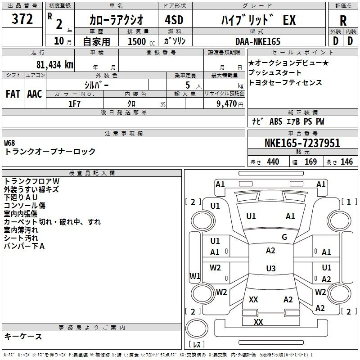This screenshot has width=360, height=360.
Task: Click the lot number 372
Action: pos(22,19)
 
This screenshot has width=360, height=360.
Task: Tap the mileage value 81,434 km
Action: pos(55,65)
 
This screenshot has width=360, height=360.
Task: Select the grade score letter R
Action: pos(343,21)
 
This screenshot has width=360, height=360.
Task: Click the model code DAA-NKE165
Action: pos(258,41)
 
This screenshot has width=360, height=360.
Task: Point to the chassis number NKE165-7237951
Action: pos(302,143)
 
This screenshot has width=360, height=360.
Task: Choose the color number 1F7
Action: pos(74,104)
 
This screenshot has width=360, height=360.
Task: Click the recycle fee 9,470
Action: pos(227,104)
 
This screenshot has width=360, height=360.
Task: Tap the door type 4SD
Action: pos(174,20)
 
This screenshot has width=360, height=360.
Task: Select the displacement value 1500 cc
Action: pos(141,41)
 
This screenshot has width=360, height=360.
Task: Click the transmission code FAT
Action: pos(13,94)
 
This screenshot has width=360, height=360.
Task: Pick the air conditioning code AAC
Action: pos(35,94)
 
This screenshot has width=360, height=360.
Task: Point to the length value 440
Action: pos(273,162)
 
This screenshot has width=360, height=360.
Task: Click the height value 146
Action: pos(346,162)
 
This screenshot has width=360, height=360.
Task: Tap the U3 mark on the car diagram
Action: pos(271,268)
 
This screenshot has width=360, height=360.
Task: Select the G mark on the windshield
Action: pos(284,237)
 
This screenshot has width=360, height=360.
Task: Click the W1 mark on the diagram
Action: pos(195,276)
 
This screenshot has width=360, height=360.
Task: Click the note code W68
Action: pos(9,143)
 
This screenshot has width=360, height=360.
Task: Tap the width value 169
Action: pos(310,162)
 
